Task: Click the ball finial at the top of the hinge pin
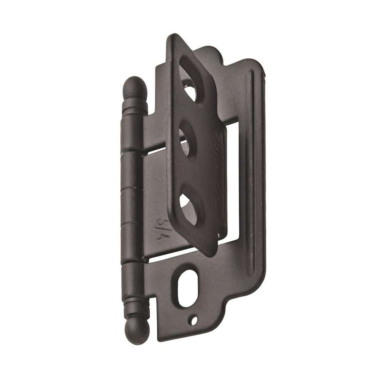coord(135,86)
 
